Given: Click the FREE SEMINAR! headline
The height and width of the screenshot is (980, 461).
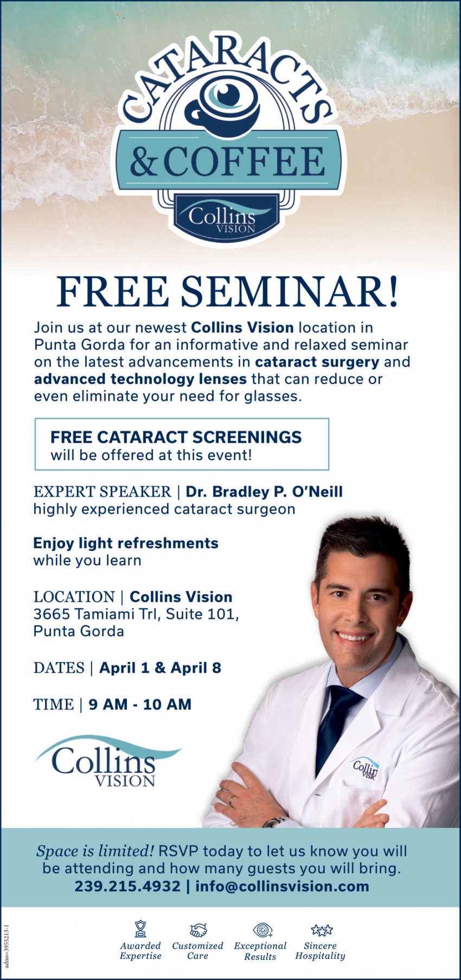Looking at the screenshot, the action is [228, 291].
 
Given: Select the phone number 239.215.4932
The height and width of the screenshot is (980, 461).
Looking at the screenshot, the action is [127, 886].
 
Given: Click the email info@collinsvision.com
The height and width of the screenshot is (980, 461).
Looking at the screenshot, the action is [282, 886].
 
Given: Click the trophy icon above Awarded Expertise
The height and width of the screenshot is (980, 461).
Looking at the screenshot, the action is [140, 929].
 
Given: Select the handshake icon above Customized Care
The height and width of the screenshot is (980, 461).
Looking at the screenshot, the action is [198, 930].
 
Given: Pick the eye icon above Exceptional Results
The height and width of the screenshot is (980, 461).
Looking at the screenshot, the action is [262, 930].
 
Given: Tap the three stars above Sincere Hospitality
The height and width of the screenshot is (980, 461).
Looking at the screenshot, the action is [322, 930].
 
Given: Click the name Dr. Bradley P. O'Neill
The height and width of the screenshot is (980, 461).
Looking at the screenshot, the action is [264, 492].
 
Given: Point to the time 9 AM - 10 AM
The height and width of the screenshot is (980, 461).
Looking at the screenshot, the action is [140, 704].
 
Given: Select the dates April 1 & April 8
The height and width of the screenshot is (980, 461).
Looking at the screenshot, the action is [160, 667].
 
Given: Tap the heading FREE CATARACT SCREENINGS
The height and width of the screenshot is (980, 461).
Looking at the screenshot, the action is [176, 437].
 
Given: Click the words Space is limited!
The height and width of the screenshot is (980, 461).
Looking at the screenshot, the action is [95, 851].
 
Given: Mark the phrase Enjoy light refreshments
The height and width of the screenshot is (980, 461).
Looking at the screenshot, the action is [126, 543].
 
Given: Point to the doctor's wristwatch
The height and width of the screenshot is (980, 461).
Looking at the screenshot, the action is [274, 822].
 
